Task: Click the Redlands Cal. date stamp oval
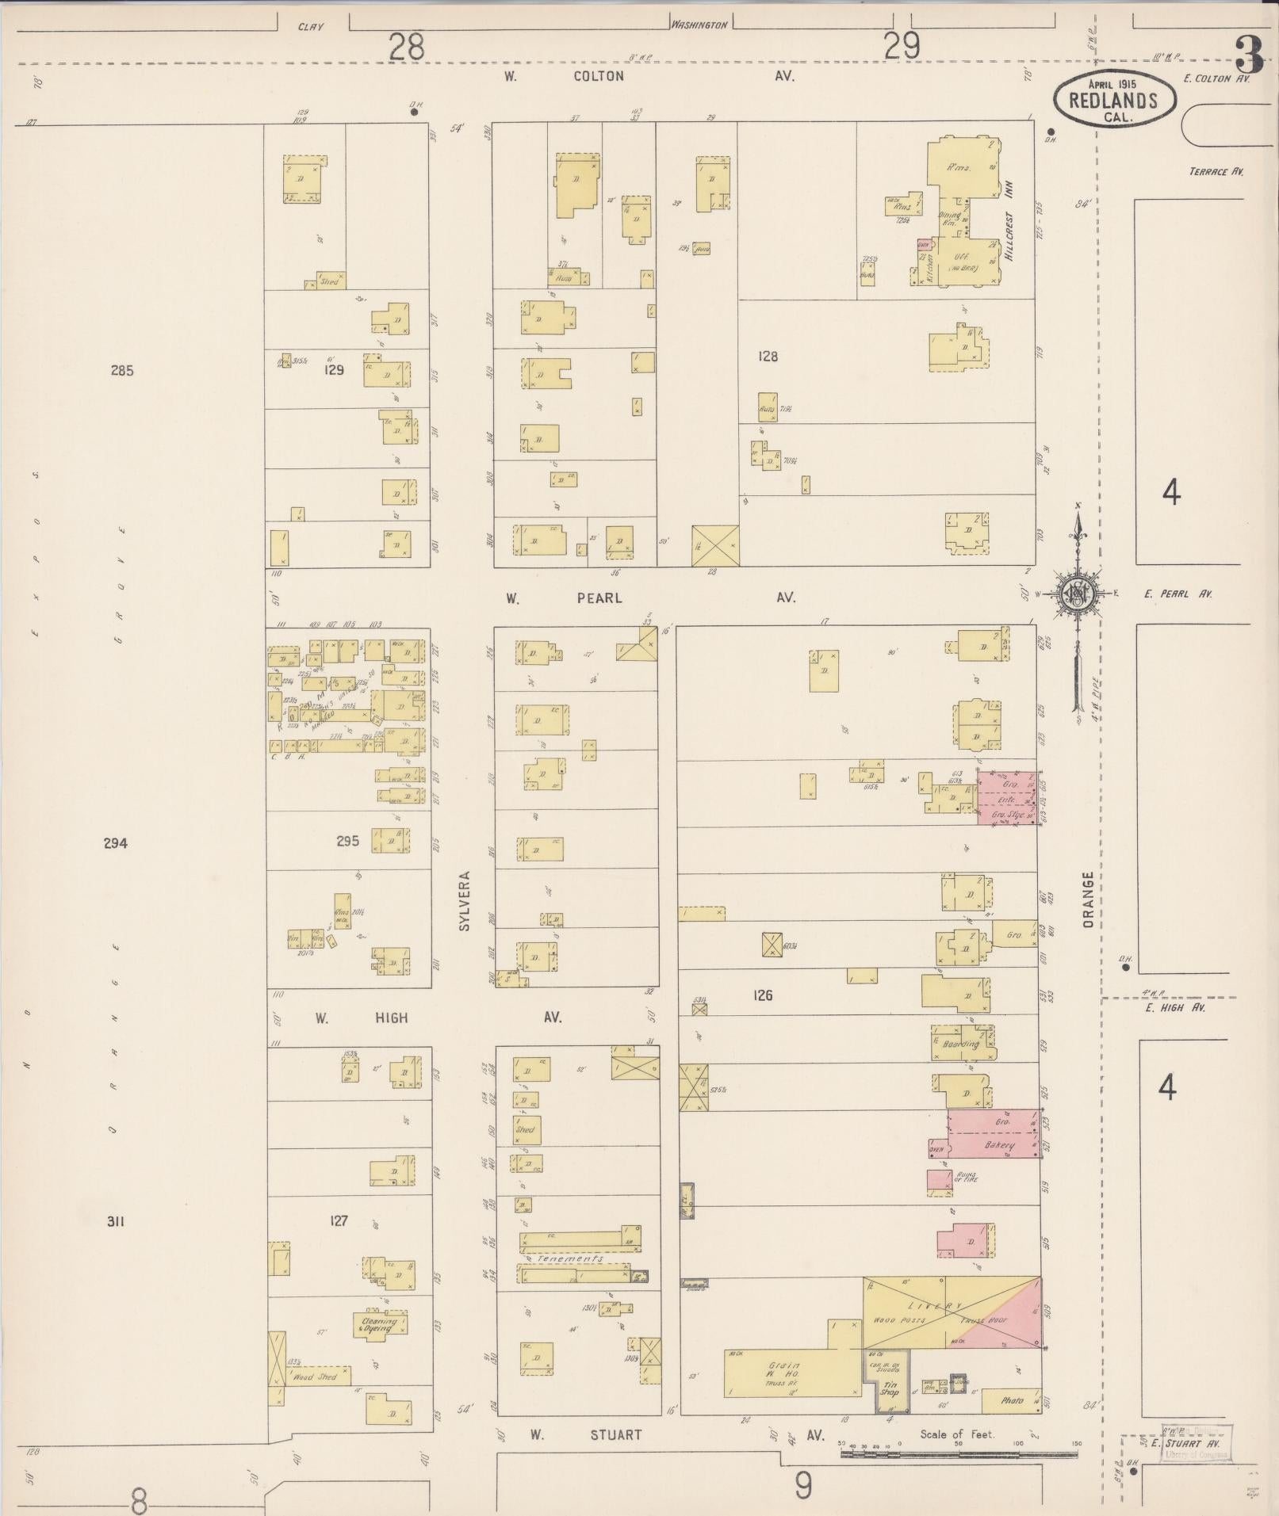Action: [1114, 98]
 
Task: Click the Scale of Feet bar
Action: [958, 1454]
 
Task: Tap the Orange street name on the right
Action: [1089, 899]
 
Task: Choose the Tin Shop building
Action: [890, 1390]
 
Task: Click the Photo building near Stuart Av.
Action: [1012, 1401]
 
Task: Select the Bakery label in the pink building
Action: [999, 1146]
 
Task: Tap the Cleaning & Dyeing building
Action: [379, 1325]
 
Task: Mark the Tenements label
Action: [569, 1258]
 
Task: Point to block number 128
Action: [768, 357]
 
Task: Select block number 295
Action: [347, 841]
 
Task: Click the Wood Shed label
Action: [315, 1377]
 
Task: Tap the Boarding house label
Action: [961, 1044]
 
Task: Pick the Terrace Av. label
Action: [1216, 171]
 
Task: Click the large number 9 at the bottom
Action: [802, 1485]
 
